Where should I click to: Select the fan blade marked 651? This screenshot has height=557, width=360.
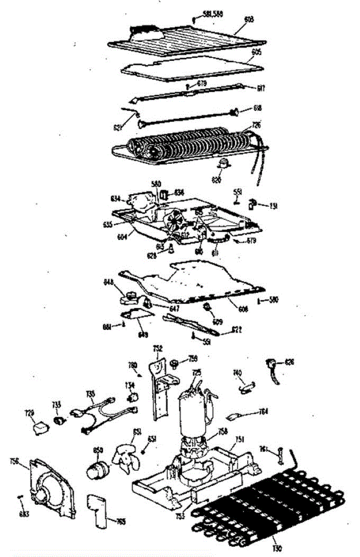127,457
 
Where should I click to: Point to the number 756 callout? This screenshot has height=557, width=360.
14,460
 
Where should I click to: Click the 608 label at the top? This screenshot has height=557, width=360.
249,19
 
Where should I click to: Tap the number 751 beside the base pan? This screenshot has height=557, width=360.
241,440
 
